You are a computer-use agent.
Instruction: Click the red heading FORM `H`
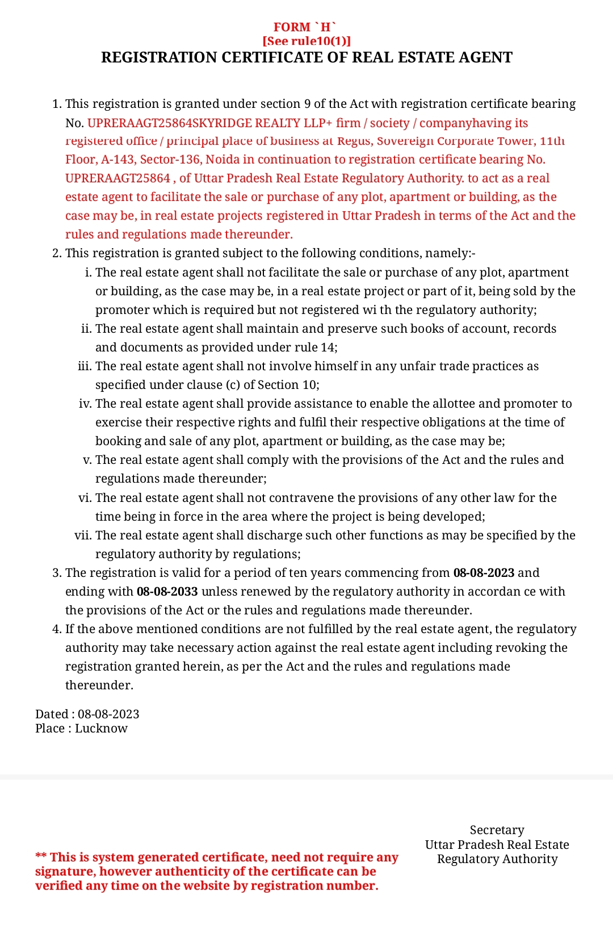click(305, 27)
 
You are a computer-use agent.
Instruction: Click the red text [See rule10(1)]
click(306, 41)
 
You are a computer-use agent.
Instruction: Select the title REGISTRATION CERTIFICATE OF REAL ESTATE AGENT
click(306, 57)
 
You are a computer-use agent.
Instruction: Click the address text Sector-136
click(170, 160)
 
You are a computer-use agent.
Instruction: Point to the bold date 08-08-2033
click(167, 592)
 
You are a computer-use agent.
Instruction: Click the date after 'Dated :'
click(108, 714)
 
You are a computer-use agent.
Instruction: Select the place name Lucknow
click(101, 729)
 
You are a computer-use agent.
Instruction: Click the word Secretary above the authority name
click(497, 830)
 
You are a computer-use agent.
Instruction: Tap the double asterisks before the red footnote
click(41, 857)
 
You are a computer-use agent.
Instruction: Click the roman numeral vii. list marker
click(83, 535)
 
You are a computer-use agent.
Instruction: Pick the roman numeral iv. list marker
click(85, 404)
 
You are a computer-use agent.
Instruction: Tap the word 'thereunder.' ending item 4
click(99, 685)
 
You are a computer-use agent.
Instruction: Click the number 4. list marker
click(57, 629)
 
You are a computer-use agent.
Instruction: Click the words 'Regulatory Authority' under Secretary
click(497, 859)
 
